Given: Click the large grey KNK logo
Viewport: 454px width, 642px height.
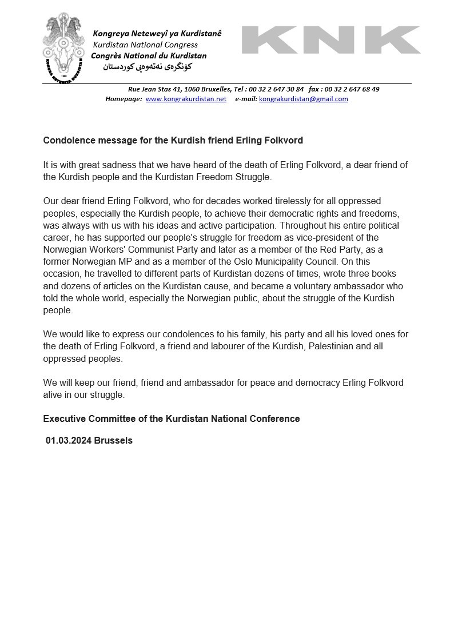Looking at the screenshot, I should tap(330, 40).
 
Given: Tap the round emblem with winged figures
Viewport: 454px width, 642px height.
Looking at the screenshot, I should tap(63, 49).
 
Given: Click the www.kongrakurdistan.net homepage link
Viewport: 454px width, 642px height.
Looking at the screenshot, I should tap(186, 99).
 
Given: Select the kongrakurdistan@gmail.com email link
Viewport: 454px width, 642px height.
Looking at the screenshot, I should tap(303, 99).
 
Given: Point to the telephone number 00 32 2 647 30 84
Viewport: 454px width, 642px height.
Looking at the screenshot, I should tap(276, 89).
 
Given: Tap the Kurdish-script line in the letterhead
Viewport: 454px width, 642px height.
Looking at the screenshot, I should tap(148, 67).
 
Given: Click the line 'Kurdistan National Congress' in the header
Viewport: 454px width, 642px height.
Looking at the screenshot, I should tap(145, 45).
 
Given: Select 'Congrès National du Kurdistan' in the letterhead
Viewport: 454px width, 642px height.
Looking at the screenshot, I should tap(149, 55).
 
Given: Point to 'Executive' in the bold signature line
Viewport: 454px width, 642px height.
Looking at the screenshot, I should tap(63, 419).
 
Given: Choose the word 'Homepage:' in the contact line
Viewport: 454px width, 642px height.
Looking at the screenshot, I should tap(124, 99).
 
